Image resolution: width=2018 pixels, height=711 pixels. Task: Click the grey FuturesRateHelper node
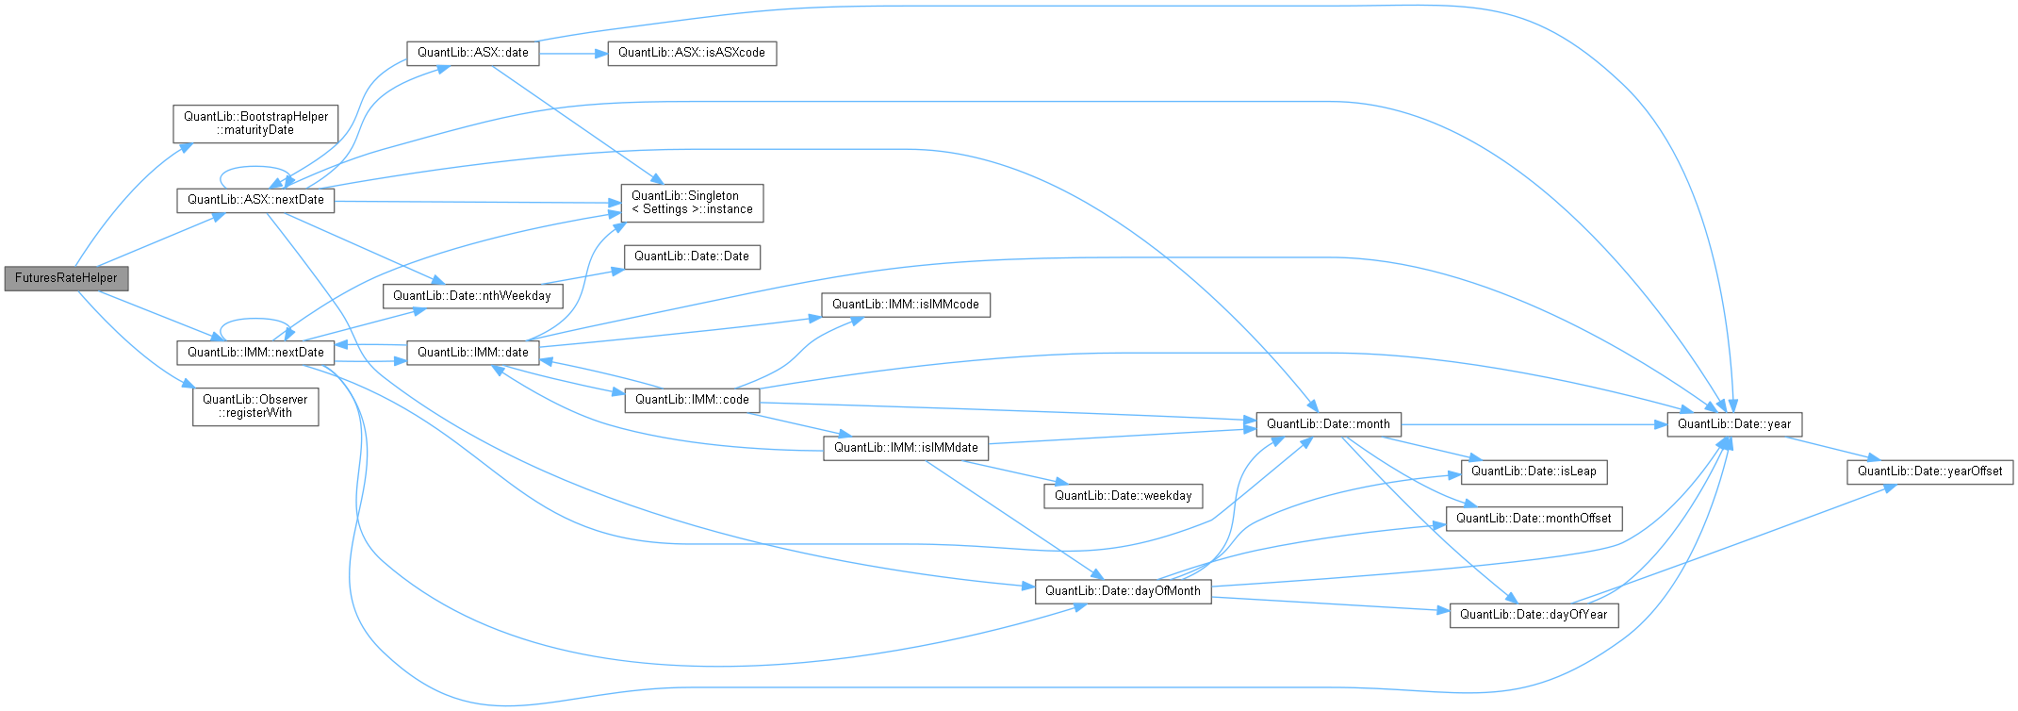66,278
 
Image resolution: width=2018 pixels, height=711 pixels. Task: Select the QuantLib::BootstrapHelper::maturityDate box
255,124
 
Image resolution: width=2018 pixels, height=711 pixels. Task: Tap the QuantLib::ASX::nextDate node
255,200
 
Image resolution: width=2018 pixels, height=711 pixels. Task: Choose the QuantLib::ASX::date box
472,53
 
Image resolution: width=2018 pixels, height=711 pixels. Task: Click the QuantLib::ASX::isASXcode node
691,53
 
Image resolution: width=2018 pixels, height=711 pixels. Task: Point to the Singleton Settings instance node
692,203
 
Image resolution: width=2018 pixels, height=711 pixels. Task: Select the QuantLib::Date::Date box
691,256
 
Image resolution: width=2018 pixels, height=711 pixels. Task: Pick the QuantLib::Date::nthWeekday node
472,296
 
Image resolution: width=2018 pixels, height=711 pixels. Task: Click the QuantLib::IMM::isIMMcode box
905,305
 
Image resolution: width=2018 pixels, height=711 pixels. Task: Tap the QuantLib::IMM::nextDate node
255,353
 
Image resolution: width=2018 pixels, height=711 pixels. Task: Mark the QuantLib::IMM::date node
472,353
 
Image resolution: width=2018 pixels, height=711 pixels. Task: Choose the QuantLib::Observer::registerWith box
255,406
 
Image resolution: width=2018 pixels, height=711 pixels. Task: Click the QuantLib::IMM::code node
692,400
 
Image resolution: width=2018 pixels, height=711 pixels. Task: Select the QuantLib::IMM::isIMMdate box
906,448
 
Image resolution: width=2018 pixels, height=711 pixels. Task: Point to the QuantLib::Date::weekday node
1123,496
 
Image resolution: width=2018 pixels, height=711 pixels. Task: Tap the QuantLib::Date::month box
1328,424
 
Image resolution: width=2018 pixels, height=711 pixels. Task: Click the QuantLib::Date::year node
1734,424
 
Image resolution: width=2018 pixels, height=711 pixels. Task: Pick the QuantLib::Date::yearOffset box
1929,471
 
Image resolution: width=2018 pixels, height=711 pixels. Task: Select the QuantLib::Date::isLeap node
1534,471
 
